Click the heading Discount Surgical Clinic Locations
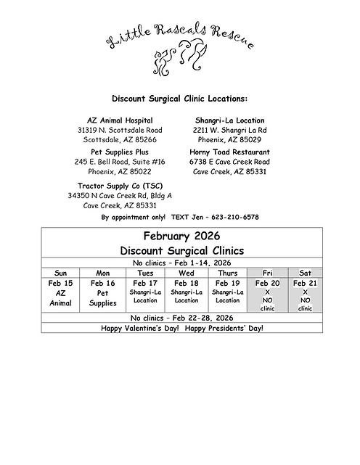point(179,98)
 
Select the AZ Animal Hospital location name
point(120,120)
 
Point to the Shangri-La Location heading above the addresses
point(229,120)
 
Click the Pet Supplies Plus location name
point(120,152)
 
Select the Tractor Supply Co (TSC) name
point(120,185)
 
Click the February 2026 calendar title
point(180,236)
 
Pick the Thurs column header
point(227,272)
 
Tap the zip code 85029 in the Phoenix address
point(250,139)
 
